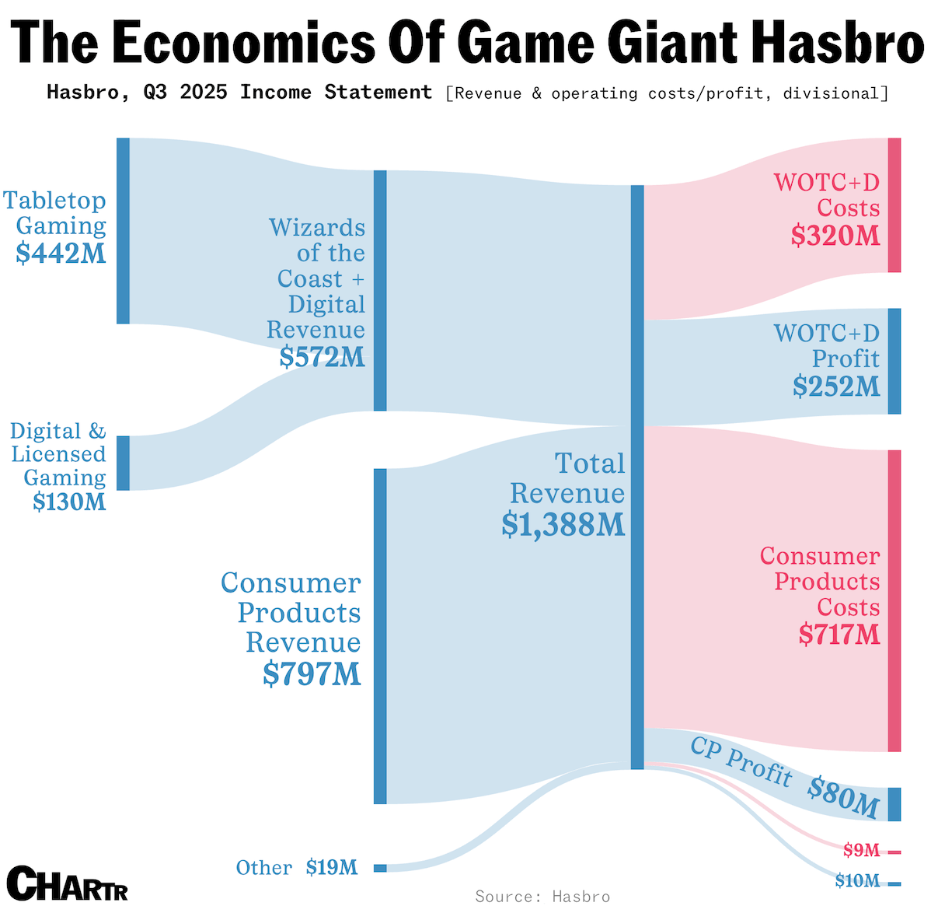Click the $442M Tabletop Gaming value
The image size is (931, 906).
(61, 253)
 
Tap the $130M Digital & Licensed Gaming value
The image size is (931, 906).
(69, 502)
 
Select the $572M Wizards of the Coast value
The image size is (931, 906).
(323, 356)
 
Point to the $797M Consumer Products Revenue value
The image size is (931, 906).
(312, 673)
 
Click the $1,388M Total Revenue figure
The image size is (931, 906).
(563, 524)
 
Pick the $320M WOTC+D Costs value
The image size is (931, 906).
(835, 235)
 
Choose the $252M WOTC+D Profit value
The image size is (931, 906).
(836, 386)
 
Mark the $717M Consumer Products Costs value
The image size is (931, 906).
(839, 635)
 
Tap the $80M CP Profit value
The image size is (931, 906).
(842, 796)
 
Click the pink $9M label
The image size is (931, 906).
(861, 851)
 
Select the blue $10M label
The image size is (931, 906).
(857, 880)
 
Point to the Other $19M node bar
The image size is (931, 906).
(380, 868)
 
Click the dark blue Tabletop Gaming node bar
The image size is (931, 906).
(123, 230)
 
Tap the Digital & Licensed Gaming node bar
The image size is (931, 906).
(123, 463)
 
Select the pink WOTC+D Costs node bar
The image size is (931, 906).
(894, 205)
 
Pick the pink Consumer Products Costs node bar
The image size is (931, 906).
(894, 600)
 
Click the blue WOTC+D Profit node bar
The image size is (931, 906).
(894, 361)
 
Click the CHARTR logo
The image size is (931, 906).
(67, 883)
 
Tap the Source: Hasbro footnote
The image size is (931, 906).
(542, 897)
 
